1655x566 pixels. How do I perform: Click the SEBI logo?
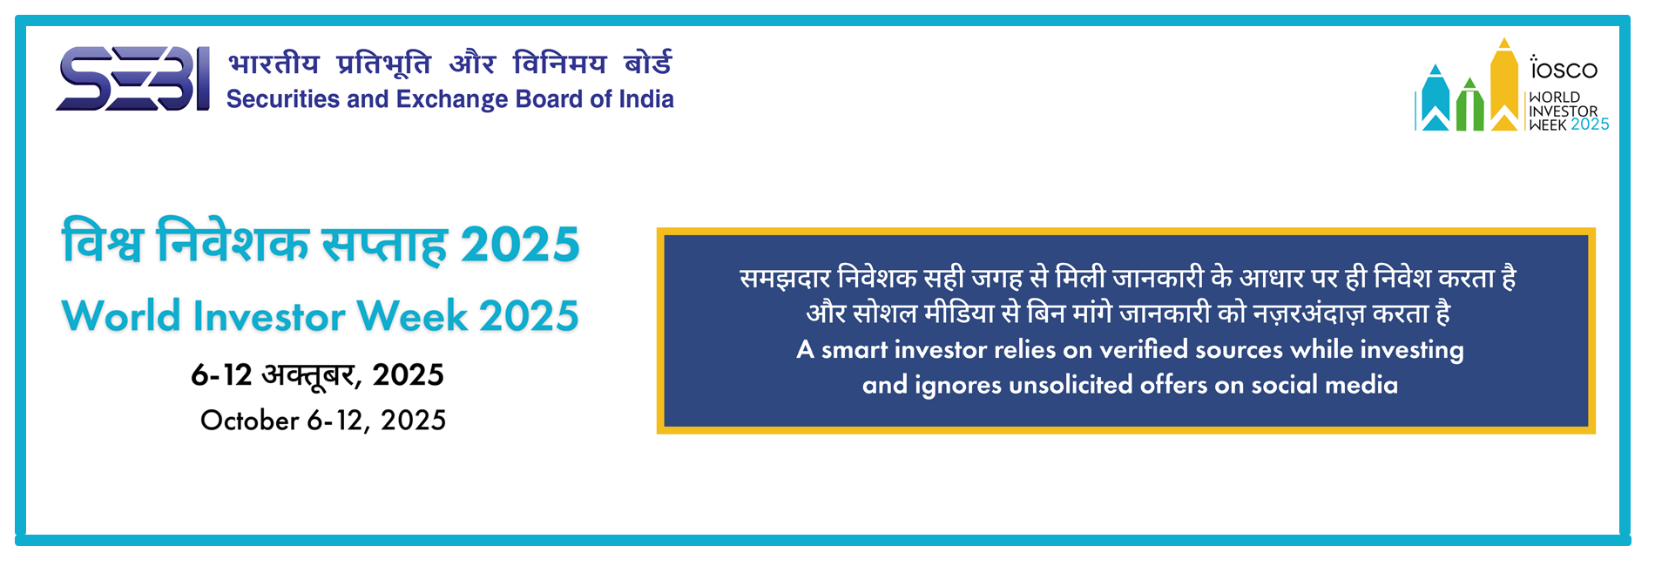pos(132,78)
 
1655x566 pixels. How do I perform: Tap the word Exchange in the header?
pos(452,100)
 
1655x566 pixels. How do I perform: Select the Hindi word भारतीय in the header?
pos(274,64)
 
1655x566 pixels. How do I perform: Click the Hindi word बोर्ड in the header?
pos(648,63)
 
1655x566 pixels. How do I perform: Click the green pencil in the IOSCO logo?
pos(1469,104)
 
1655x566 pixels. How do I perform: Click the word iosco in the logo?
pos(1564,68)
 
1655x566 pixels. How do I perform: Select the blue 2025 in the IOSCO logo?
pos(1590,125)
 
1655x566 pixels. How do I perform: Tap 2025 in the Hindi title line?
pos(520,245)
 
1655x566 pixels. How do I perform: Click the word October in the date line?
pos(250,421)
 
